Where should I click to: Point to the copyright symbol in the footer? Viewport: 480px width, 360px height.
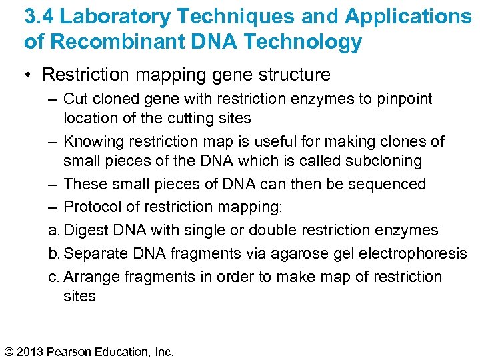(x=10, y=351)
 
